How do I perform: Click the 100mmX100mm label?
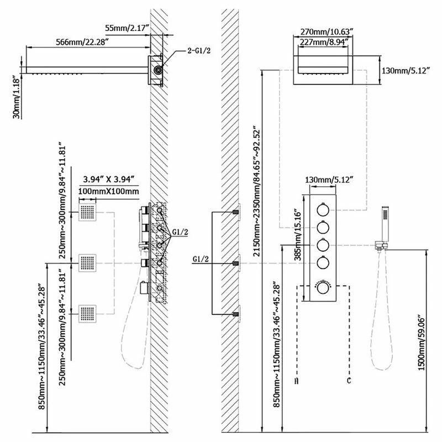pos(110,191)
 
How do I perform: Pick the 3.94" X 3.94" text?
pos(110,179)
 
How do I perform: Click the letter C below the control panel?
pos(348,381)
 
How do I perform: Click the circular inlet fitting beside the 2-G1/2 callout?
pos(159,70)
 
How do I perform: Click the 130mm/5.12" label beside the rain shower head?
pos(406,70)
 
